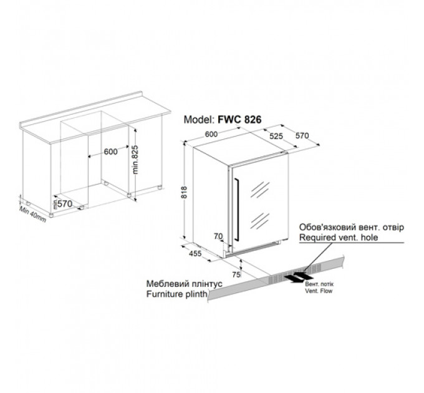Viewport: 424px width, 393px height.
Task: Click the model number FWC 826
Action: (x=239, y=119)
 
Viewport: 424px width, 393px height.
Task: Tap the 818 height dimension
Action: (x=184, y=192)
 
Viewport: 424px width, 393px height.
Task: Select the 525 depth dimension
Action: (x=276, y=136)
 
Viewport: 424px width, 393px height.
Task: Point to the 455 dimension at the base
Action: (x=195, y=253)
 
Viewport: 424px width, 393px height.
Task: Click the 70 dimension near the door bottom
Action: (x=218, y=236)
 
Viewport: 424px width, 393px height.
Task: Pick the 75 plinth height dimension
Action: (x=236, y=274)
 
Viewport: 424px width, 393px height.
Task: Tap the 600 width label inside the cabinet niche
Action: (x=111, y=152)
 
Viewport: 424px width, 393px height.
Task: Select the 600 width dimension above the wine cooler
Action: (x=211, y=134)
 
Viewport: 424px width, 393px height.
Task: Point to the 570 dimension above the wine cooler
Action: (x=302, y=135)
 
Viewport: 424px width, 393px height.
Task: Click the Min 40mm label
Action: (x=32, y=214)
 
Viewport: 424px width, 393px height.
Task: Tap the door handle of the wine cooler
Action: (x=236, y=210)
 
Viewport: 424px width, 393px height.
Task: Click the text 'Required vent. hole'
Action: (x=339, y=238)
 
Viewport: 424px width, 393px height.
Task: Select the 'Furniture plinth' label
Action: (x=177, y=294)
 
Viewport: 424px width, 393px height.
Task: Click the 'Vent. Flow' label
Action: (x=319, y=291)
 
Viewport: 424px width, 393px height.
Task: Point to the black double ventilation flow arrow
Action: (x=299, y=277)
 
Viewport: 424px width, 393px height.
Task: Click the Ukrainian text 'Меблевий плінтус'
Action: (x=185, y=284)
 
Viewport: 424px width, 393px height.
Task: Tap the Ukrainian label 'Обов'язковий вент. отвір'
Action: (x=352, y=227)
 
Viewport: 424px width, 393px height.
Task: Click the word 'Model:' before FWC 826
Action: (x=199, y=120)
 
